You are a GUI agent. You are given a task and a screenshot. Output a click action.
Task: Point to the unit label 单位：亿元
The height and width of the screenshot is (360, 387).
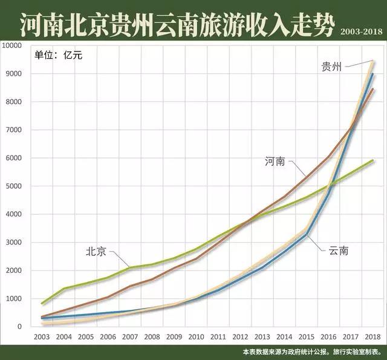click(58, 55)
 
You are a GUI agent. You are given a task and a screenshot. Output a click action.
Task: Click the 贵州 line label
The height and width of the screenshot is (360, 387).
click(331, 67)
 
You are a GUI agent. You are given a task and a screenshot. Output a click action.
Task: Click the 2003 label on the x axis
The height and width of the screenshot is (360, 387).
click(42, 336)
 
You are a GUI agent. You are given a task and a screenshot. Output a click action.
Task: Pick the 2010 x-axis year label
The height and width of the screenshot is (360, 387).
click(196, 336)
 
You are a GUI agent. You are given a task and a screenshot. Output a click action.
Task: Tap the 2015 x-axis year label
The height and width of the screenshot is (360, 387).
click(307, 336)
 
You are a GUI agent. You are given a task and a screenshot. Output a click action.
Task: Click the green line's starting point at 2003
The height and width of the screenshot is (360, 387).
click(42, 303)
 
